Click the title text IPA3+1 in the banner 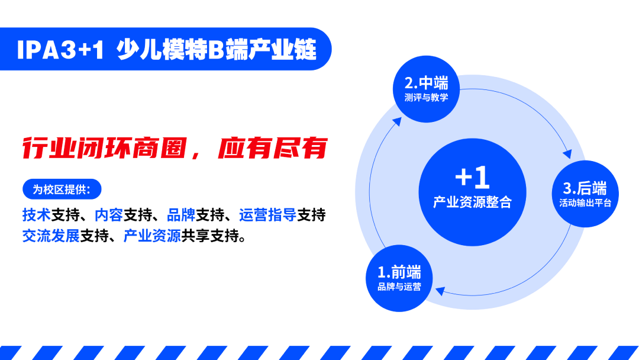[60, 50]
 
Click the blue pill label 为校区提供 [62, 189]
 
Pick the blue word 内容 [109, 215]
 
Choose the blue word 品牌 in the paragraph [182, 215]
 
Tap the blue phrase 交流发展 [51, 236]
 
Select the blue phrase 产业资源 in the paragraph [152, 236]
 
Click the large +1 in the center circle [472, 177]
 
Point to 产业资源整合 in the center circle [472, 202]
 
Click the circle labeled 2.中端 [427, 89]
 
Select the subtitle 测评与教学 [427, 98]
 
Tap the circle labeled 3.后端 [585, 194]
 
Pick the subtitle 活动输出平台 [585, 203]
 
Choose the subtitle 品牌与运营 [399, 287]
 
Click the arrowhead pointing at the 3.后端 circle [567, 154]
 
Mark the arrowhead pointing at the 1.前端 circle [441, 290]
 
